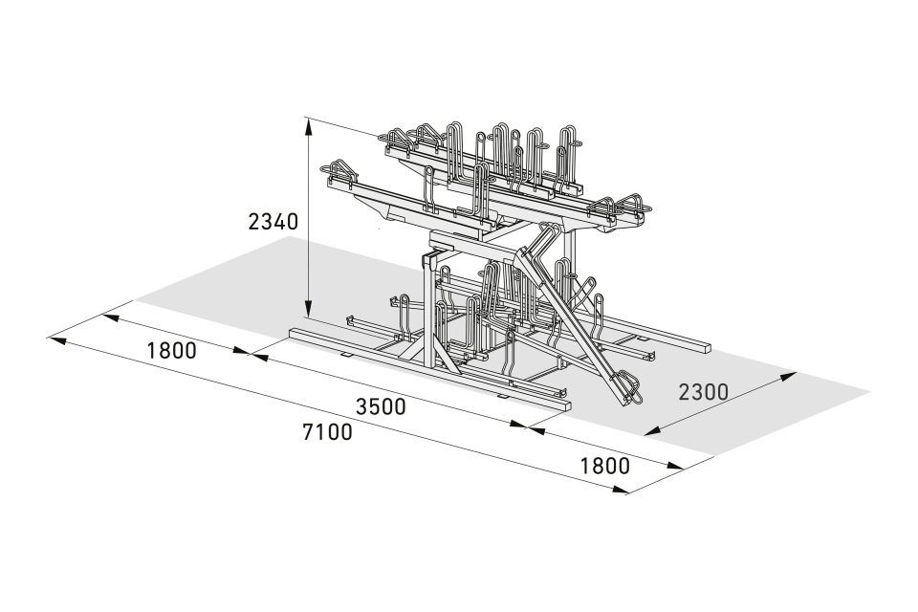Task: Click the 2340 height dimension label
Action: [x=273, y=222]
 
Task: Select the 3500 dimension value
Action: [x=381, y=406]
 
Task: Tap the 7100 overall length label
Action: [x=327, y=431]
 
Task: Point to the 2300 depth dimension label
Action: [x=703, y=391]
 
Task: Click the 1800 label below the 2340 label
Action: [x=171, y=350]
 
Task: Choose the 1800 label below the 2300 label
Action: [x=604, y=466]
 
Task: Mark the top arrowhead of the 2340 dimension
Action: [x=308, y=124]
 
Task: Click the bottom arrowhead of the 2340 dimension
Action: [x=308, y=309]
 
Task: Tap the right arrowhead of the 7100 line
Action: [x=620, y=489]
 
